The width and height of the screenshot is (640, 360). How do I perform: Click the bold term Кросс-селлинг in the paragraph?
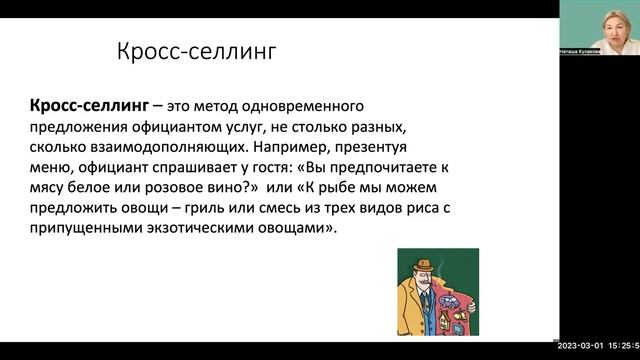click(73, 107)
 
